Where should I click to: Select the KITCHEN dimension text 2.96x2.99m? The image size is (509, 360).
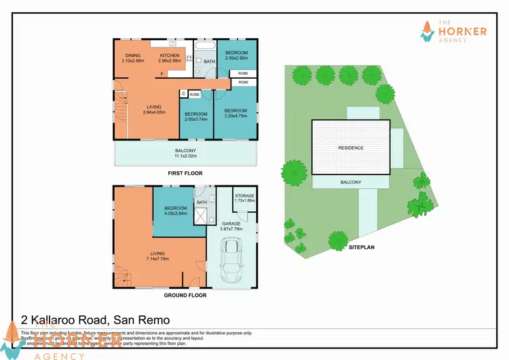pos(170,61)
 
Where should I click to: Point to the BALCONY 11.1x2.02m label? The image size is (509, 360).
pos(185,154)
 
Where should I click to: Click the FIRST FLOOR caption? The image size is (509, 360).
pos(186,174)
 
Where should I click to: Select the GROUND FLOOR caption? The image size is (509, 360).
pos(185,295)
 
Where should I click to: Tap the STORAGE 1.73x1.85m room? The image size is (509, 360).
pos(244,199)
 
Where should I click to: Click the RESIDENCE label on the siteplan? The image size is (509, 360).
pos(351,147)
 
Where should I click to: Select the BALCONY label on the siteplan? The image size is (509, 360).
pos(351,183)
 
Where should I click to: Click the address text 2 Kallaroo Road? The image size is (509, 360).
pos(95,319)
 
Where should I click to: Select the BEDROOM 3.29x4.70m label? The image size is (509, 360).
pos(235,113)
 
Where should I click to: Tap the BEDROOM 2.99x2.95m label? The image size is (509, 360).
pos(237,55)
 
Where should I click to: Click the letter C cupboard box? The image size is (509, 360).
pos(183,94)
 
